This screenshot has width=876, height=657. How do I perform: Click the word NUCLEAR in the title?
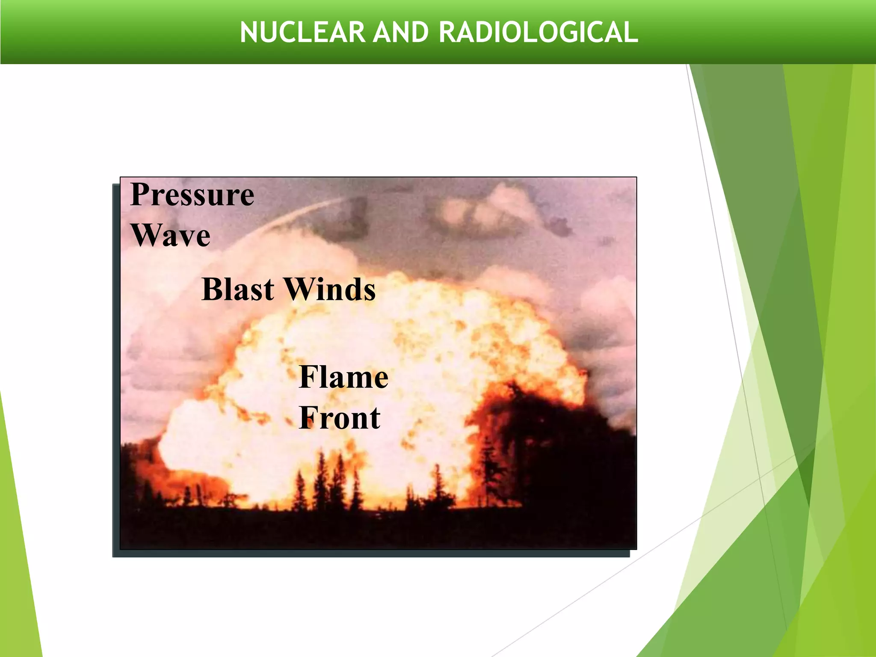[302, 33]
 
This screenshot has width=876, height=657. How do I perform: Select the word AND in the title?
[400, 33]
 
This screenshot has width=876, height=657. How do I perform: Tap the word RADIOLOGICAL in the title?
[538, 33]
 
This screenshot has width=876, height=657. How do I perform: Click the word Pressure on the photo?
[192, 195]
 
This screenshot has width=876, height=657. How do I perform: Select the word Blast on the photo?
[238, 289]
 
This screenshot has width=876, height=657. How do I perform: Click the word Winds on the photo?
[330, 289]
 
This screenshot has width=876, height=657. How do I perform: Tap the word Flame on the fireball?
[343, 377]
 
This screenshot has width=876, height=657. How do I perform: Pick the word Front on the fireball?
[340, 417]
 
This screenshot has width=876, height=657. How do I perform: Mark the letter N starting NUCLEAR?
[249, 33]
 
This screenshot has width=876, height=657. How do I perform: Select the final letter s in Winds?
[369, 291]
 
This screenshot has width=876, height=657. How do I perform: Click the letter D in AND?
[420, 33]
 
